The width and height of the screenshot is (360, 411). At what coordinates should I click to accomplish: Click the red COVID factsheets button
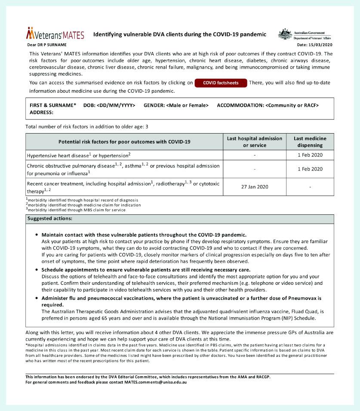pyautogui.click(x=221, y=82)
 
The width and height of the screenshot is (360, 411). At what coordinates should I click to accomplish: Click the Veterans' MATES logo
pyautogui.click(x=55, y=34)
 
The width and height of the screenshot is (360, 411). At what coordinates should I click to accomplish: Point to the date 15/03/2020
pyautogui.click(x=314, y=45)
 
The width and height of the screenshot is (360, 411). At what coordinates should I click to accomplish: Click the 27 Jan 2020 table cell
pyautogui.click(x=255, y=187)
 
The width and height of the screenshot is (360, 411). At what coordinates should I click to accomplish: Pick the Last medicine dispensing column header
pyautogui.click(x=310, y=142)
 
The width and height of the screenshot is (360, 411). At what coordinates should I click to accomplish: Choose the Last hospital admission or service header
pyautogui.click(x=255, y=142)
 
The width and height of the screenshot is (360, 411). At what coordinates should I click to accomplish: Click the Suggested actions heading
pyautogui.click(x=50, y=219)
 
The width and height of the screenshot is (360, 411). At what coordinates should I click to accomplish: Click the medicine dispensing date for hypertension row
pyautogui.click(x=310, y=155)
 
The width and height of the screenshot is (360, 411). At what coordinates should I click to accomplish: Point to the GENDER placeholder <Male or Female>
pyautogui.click(x=188, y=105)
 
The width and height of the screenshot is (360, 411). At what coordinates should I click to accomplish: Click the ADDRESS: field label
pyautogui.click(x=41, y=112)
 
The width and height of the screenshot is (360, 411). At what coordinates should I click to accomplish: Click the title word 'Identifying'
pyautogui.click(x=111, y=34)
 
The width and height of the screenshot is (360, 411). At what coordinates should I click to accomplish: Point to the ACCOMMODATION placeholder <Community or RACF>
pyautogui.click(x=292, y=105)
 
